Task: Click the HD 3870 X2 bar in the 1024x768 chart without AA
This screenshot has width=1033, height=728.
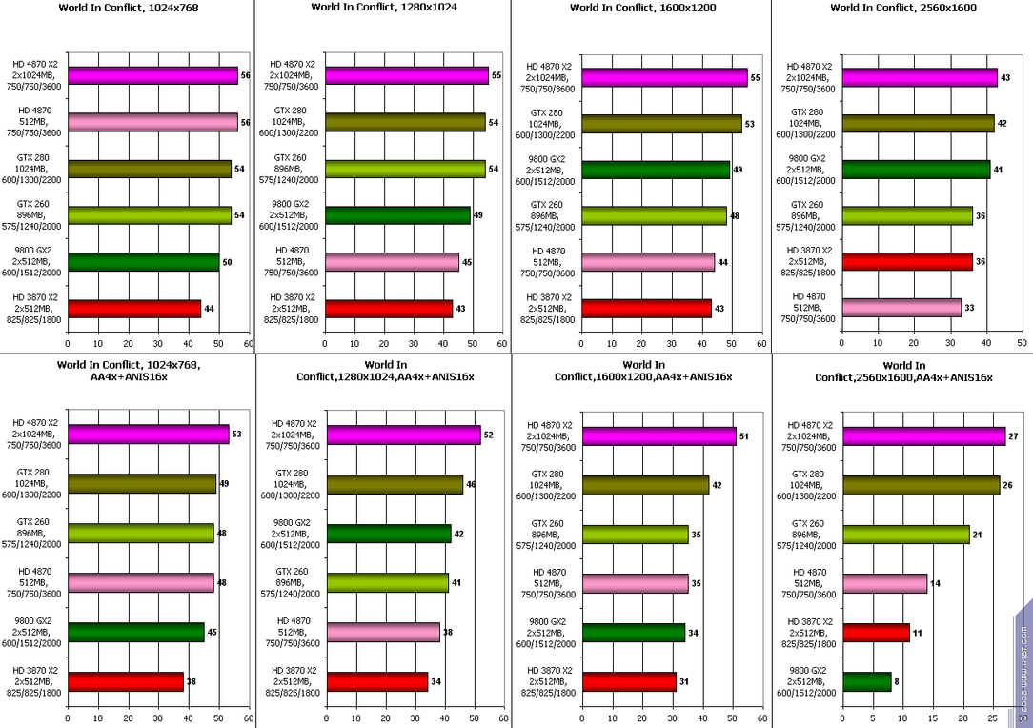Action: (134, 309)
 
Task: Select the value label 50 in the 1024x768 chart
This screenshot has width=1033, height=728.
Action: (227, 262)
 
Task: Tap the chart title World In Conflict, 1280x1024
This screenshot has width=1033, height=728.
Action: (384, 8)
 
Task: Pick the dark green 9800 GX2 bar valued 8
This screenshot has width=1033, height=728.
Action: (867, 682)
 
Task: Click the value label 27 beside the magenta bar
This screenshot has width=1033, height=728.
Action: (1013, 436)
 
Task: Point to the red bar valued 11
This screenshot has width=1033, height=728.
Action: (876, 633)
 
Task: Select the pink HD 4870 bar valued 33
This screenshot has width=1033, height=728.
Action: (901, 308)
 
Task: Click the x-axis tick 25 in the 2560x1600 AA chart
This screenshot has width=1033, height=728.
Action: (993, 718)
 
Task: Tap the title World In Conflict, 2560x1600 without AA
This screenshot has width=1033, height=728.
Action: (903, 8)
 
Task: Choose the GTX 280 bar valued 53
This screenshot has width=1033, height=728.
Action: (661, 124)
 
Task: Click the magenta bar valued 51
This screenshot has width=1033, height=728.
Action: (659, 436)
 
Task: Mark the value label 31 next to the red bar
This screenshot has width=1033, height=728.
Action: (684, 682)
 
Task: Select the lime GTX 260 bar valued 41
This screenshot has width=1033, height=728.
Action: (388, 583)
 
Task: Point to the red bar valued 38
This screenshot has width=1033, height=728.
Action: (126, 682)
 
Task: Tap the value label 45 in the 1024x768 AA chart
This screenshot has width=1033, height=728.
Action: (213, 633)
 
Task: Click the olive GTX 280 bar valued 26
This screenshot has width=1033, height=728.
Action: (922, 486)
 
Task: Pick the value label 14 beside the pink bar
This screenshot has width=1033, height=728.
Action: (936, 584)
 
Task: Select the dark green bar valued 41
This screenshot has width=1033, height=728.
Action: (917, 170)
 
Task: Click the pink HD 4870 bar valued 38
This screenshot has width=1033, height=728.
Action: (383, 633)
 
